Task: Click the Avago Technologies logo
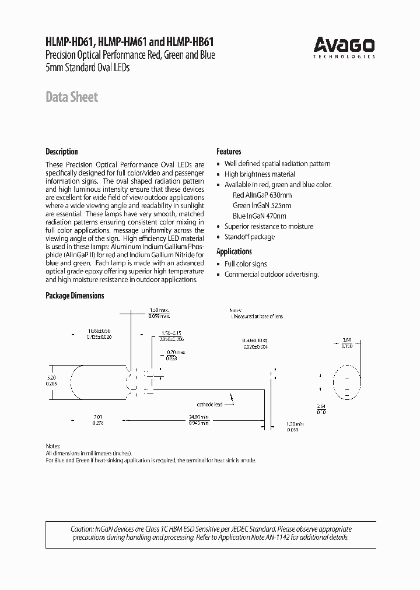pyautogui.click(x=344, y=46)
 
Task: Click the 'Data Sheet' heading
pyautogui.click(x=72, y=97)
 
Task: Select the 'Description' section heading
pyautogui.click(x=62, y=152)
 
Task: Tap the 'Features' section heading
pyautogui.click(x=229, y=152)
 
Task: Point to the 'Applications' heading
pyautogui.click(x=234, y=251)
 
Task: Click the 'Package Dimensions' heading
pyautogui.click(x=75, y=296)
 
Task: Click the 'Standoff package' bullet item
pyautogui.click(x=249, y=237)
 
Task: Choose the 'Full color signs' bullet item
pyautogui.click(x=246, y=264)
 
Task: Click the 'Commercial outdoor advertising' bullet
pyautogui.click(x=271, y=274)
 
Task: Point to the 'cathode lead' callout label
pyautogui.click(x=209, y=404)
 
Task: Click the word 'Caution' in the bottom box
pyautogui.click(x=83, y=529)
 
